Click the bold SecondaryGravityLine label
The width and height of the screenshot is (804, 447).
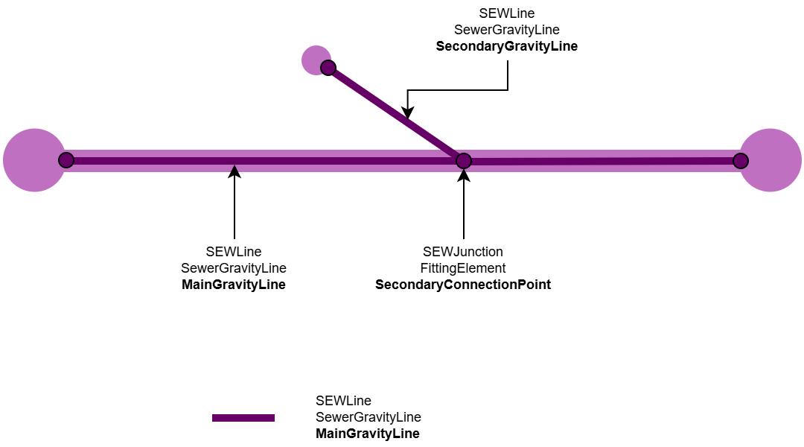coord(506,46)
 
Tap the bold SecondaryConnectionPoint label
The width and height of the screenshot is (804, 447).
coord(463,285)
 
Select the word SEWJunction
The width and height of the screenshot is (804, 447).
coord(463,252)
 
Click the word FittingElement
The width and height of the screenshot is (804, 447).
coord(463,268)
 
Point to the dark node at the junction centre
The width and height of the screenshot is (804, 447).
coord(464,160)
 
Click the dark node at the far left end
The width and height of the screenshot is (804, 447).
coord(66,160)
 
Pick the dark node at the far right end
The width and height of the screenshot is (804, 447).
coord(740,160)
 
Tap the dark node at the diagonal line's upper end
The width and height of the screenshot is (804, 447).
coord(328,68)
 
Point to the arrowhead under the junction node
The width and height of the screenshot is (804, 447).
coord(464,175)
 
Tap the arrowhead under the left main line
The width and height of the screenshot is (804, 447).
coord(234,171)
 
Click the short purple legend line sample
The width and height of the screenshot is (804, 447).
coord(243,418)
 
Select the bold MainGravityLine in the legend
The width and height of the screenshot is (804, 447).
coord(368,434)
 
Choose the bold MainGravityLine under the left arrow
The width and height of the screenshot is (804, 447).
coord(234,285)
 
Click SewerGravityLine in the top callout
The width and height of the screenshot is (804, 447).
coord(506,30)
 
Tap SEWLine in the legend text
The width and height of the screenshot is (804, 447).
coord(343,401)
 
